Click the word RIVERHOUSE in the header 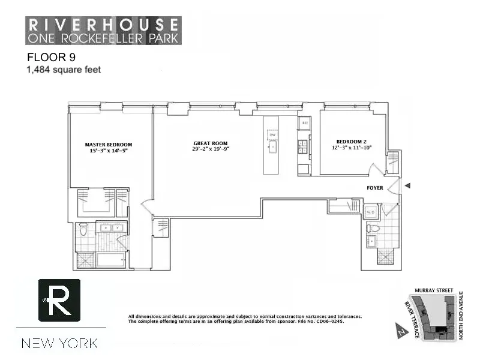103,24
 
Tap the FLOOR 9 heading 51,58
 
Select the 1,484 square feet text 63,70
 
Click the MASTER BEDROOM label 108,145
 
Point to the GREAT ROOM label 211,143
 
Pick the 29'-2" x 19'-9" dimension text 211,149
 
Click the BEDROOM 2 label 352,141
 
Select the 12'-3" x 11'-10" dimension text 352,148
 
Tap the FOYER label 375,188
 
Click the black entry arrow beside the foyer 408,186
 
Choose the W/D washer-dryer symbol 370,212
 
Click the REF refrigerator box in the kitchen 305,123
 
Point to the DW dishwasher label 271,135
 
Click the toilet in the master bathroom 83,229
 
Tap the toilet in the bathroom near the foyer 373,228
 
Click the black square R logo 59,300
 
